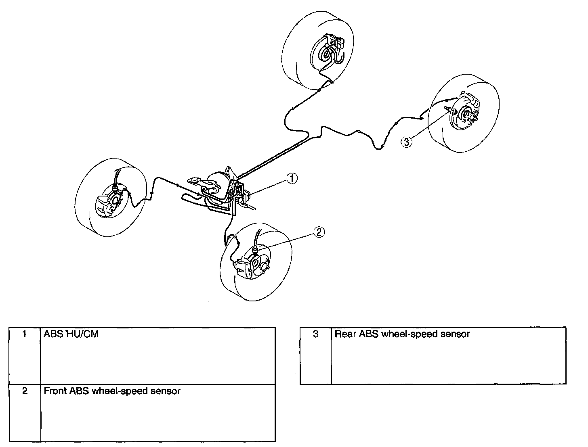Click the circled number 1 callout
(292, 178)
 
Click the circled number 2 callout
(319, 232)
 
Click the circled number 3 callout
(407, 141)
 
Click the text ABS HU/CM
(71, 334)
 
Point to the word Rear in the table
(343, 334)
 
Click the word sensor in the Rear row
(455, 334)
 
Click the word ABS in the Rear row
(368, 334)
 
